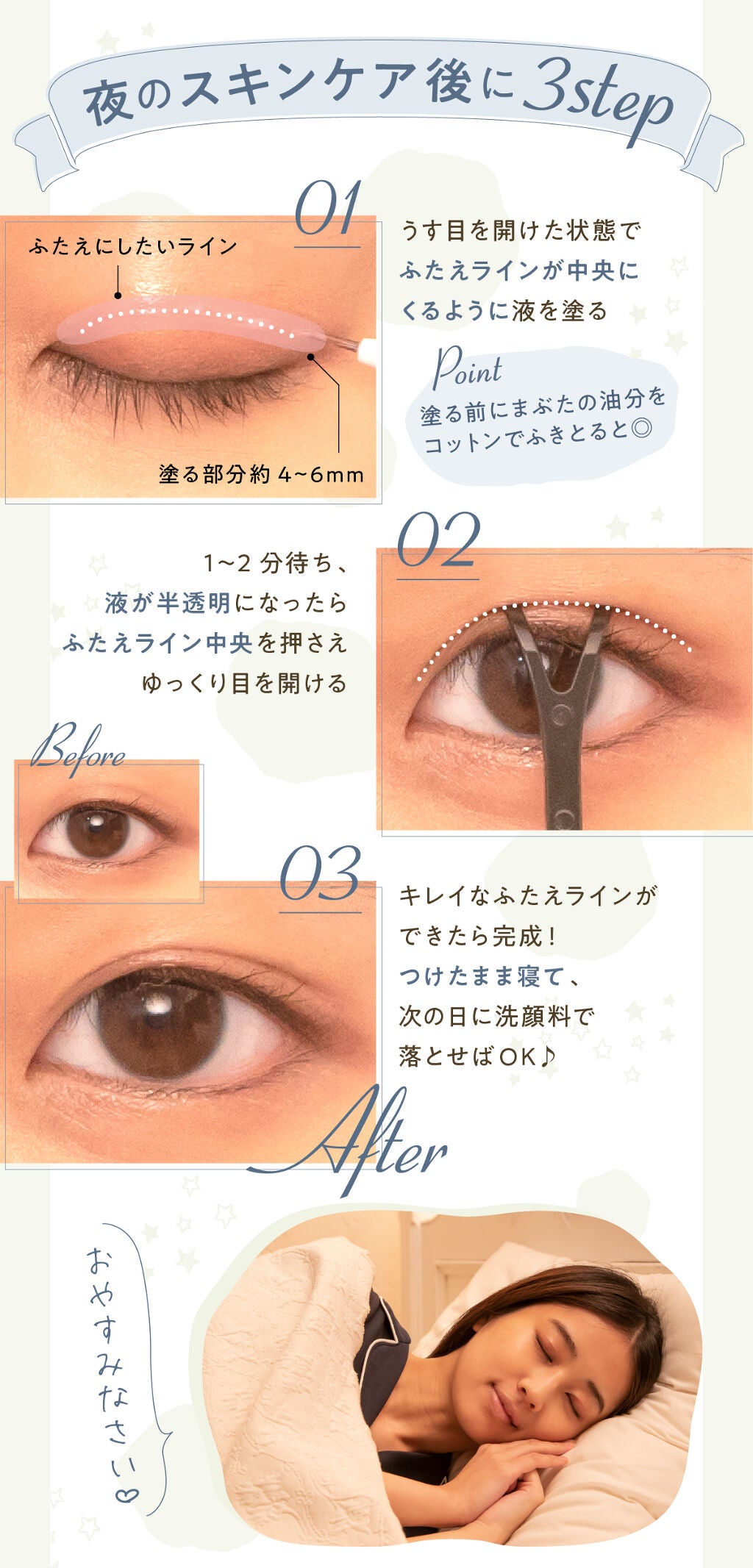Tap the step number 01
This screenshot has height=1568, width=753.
tap(328, 210)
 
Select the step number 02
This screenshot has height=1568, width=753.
tap(438, 541)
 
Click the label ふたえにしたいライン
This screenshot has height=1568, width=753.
tap(133, 246)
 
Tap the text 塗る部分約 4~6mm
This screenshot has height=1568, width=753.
tap(261, 475)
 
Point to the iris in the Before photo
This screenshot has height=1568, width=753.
tap(98, 833)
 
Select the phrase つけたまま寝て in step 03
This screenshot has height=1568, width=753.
tap(482, 977)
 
